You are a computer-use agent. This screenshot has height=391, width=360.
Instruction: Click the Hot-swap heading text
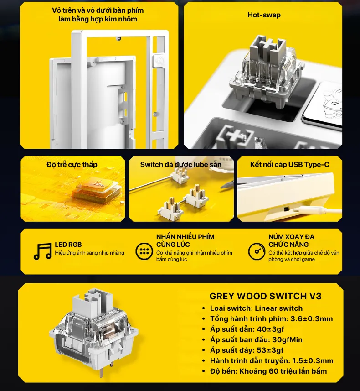point(264,15)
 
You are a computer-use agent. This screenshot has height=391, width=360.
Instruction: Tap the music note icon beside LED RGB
point(42,251)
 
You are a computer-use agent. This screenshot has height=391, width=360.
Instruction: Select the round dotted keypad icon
point(144,251)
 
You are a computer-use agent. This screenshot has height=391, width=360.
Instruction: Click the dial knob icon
point(257,251)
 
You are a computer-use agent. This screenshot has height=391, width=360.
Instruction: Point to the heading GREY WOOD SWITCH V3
point(265,296)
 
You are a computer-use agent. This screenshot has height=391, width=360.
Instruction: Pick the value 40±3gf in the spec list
point(270,329)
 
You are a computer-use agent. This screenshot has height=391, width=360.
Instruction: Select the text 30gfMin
point(287,339)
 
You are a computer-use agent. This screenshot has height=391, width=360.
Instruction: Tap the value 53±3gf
point(270,350)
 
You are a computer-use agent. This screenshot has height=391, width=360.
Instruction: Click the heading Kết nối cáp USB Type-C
point(289,165)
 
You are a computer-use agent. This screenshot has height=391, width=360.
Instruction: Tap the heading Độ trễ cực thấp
point(72,165)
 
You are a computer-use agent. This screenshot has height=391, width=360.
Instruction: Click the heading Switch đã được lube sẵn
point(180,165)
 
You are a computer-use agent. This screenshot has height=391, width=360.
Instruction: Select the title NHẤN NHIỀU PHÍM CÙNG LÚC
point(185,240)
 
